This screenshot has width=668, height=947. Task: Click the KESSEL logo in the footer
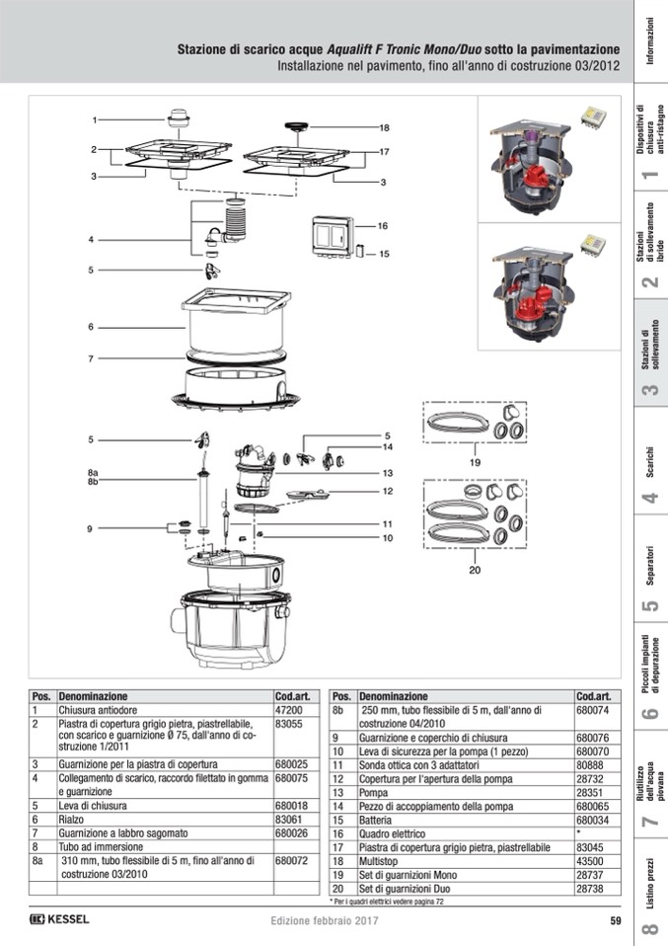[60, 920]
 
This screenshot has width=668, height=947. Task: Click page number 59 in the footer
[614, 921]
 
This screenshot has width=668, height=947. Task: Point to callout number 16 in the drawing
[383, 226]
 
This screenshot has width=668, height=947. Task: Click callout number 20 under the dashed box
[474, 570]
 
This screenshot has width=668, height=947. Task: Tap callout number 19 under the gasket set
[474, 462]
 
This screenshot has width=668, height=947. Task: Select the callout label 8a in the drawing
[93, 473]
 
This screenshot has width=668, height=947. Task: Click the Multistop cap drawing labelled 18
[291, 126]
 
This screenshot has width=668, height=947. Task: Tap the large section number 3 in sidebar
[650, 390]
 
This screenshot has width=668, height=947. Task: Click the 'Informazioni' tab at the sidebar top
[649, 41]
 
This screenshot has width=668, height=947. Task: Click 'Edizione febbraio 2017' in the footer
[325, 921]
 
